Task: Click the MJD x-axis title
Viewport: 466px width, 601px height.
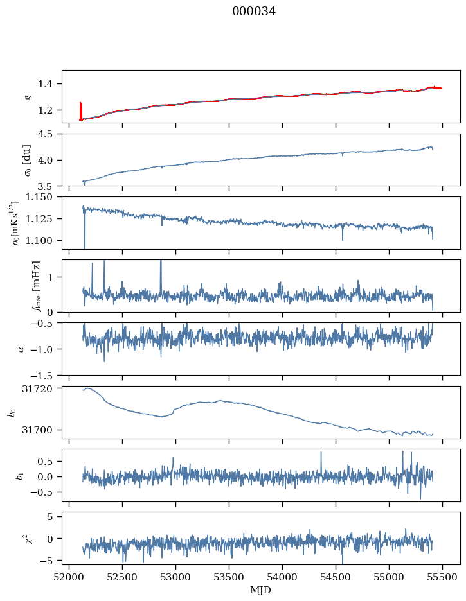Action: [x=260, y=589]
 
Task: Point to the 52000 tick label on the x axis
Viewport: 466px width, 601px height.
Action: [x=70, y=577]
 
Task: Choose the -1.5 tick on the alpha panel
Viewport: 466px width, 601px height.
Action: [x=46, y=375]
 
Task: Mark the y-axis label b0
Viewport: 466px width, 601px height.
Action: [x=10, y=412]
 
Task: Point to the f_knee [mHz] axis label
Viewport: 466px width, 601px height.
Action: [x=36, y=286]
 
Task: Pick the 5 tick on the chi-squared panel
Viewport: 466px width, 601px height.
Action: [x=54, y=516]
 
